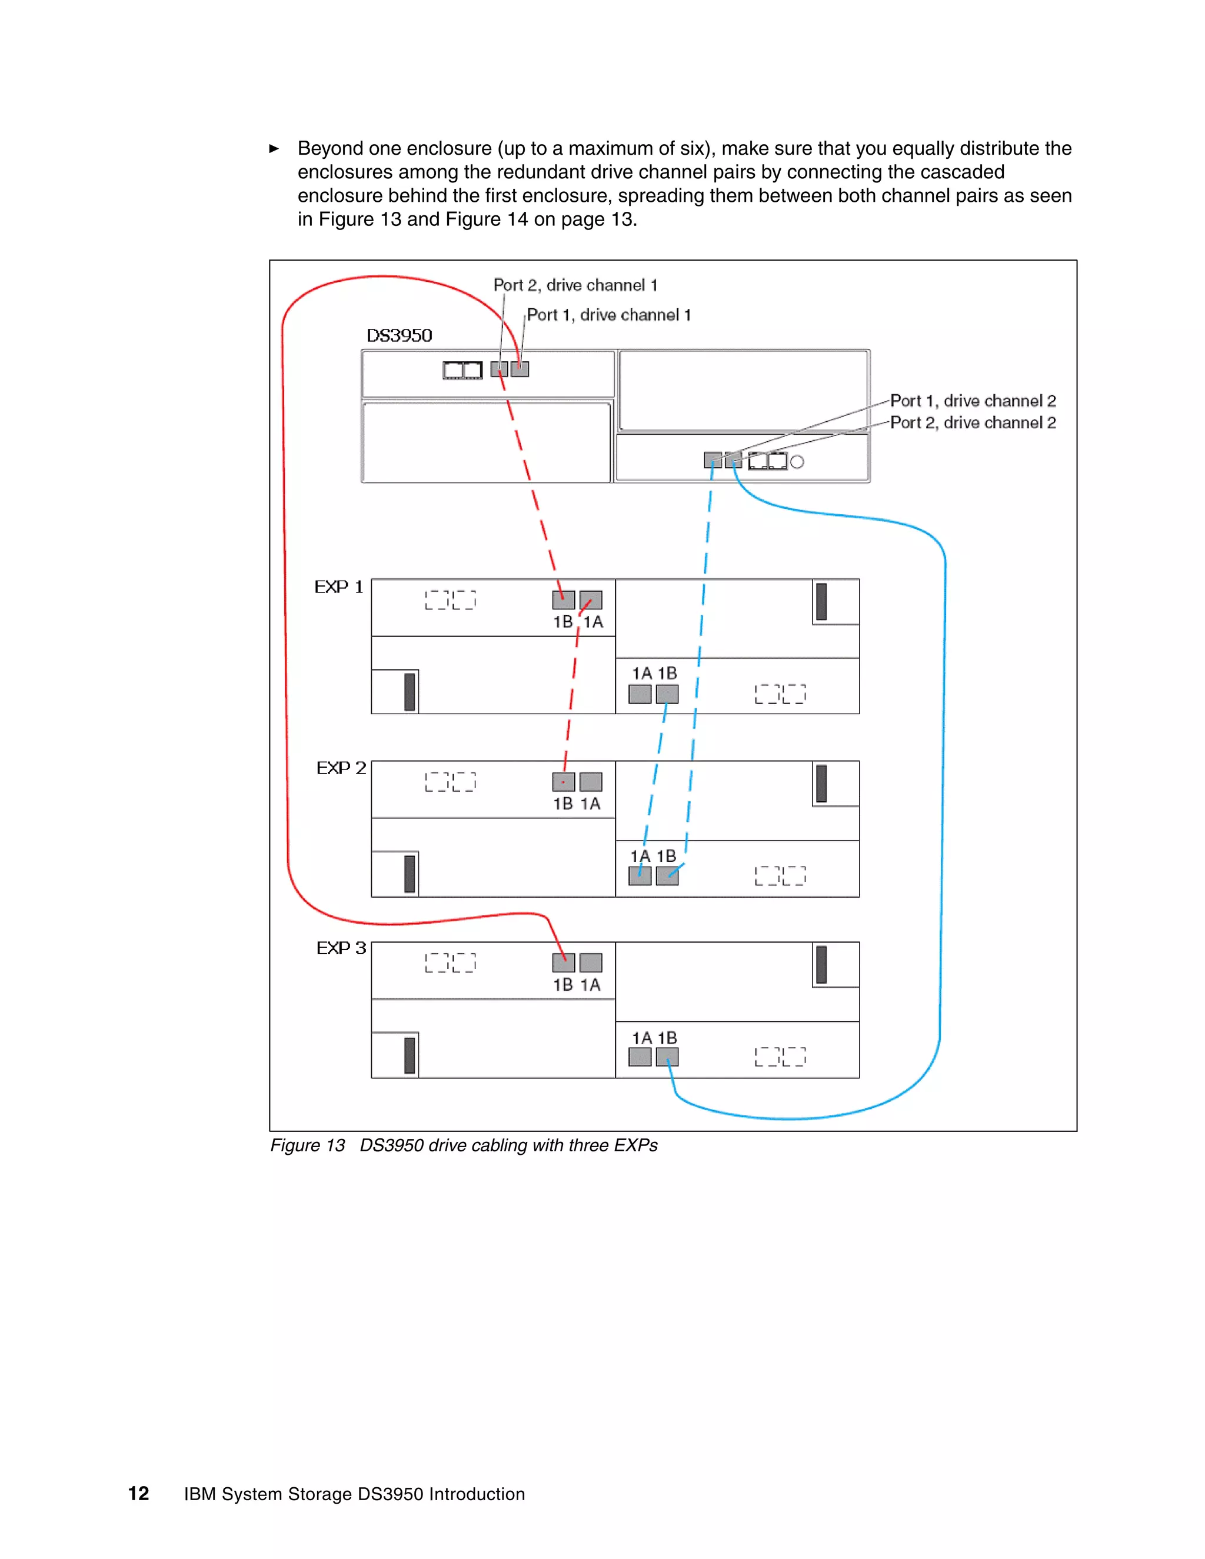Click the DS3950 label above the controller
click(x=399, y=335)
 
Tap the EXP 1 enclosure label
click(x=339, y=587)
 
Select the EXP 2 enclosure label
click(x=341, y=768)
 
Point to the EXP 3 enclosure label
click(x=341, y=948)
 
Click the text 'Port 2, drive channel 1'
click(x=575, y=285)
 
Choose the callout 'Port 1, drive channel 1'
click(x=609, y=315)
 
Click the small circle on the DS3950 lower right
click(x=797, y=462)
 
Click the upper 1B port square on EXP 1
click(x=563, y=599)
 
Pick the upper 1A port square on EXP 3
click(x=590, y=962)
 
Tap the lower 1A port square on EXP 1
click(x=640, y=694)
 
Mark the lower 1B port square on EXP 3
click(x=667, y=1057)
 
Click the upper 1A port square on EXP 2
click(x=590, y=782)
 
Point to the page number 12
click(x=138, y=1493)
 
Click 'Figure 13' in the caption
click(x=307, y=1145)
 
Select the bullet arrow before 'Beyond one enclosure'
click(x=274, y=148)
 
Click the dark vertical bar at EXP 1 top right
click(x=821, y=602)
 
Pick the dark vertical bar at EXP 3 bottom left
click(x=409, y=1055)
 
